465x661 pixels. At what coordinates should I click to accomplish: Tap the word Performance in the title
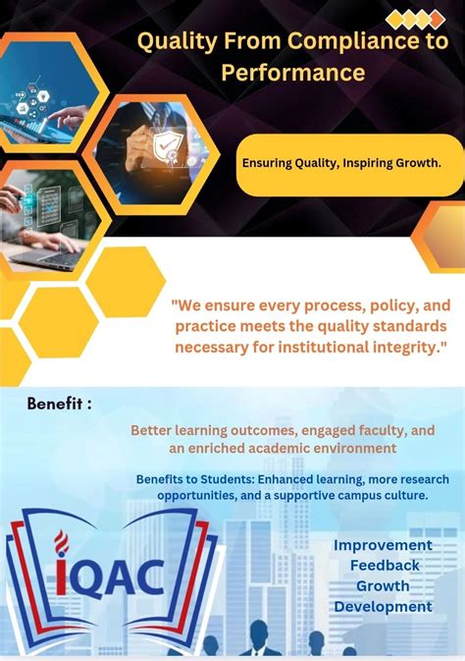292,73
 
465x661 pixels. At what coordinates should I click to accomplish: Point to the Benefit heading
60,404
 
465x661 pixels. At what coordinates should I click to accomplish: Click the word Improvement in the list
383,544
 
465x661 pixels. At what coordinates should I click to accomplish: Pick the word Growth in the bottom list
383,585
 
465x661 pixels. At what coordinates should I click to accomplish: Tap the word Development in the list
383,606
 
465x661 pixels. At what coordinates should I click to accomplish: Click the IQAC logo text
110,577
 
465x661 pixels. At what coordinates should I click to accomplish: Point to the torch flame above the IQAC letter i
62,539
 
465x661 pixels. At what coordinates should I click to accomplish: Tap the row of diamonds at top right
415,19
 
